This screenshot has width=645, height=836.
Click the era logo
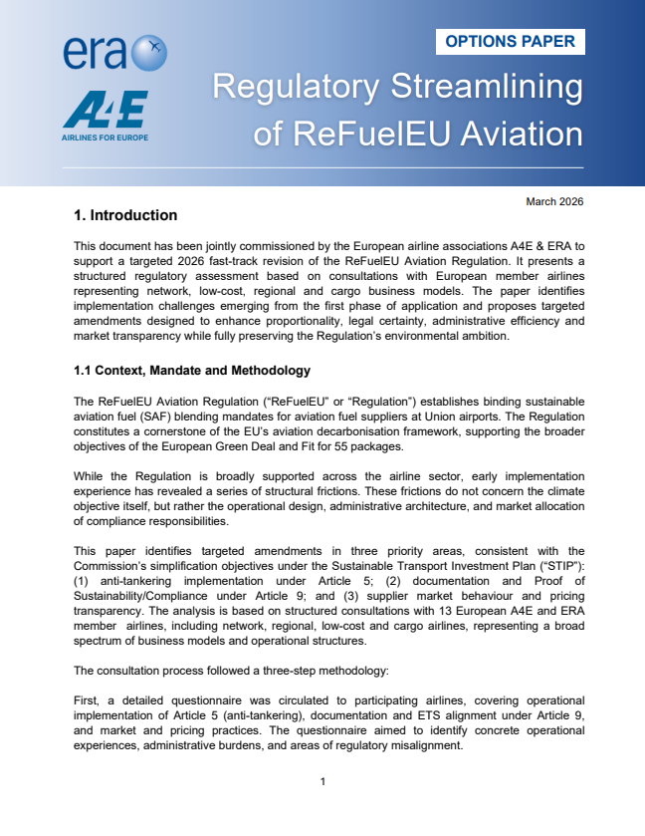(113, 51)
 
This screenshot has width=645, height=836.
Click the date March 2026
(553, 202)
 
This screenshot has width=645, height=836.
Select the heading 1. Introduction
(125, 215)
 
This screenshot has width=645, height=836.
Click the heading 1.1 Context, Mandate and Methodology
(192, 371)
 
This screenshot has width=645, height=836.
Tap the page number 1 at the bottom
(322, 781)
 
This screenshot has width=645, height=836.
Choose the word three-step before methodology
(287, 670)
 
